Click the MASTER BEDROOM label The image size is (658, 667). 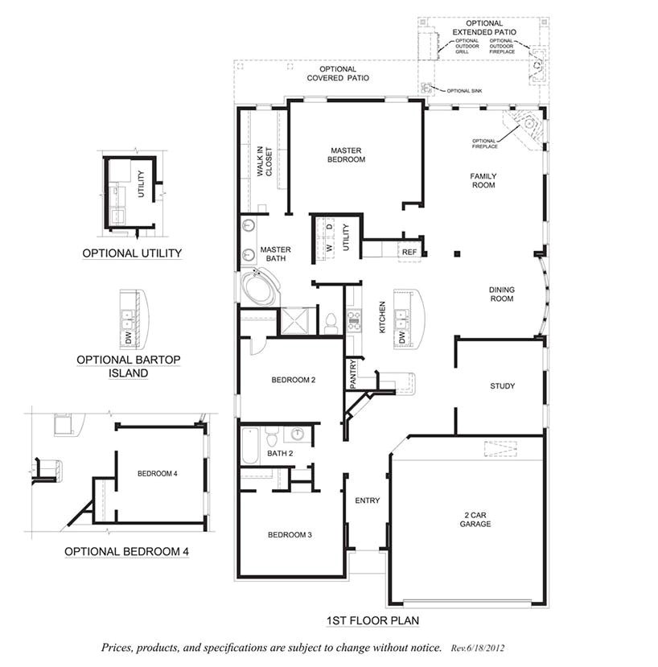[347, 154]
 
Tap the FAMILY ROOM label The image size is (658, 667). [483, 180]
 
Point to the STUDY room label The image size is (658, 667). [502, 386]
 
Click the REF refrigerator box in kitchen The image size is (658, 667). [409, 252]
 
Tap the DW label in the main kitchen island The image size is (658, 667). [401, 338]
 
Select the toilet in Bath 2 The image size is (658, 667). [273, 438]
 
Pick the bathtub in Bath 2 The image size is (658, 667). [249, 446]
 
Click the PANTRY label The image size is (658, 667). [353, 374]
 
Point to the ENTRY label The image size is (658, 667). [367, 500]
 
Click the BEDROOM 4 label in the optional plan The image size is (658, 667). [157, 473]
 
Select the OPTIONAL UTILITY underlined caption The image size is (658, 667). [132, 253]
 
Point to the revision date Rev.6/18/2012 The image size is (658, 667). [478, 647]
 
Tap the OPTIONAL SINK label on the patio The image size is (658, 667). [463, 91]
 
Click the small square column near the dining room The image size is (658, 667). [457, 254]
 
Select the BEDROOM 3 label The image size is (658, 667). [290, 535]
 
